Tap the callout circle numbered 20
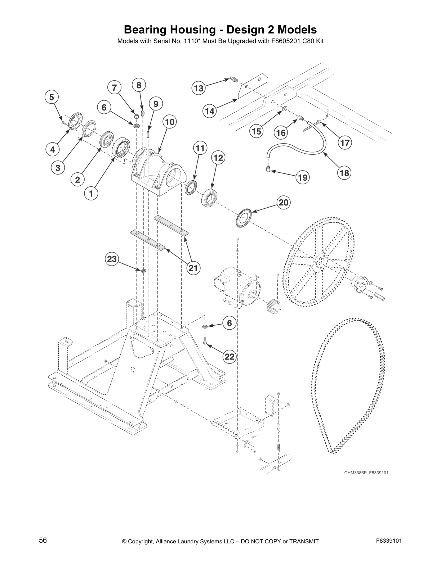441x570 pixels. (x=284, y=203)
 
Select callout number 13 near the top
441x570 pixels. (x=199, y=88)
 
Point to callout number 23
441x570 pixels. (x=112, y=259)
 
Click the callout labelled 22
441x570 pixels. (x=230, y=357)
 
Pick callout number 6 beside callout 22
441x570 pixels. (x=230, y=323)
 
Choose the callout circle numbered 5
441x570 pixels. (x=52, y=97)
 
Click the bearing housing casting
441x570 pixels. (x=159, y=173)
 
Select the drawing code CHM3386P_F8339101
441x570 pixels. (x=366, y=472)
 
